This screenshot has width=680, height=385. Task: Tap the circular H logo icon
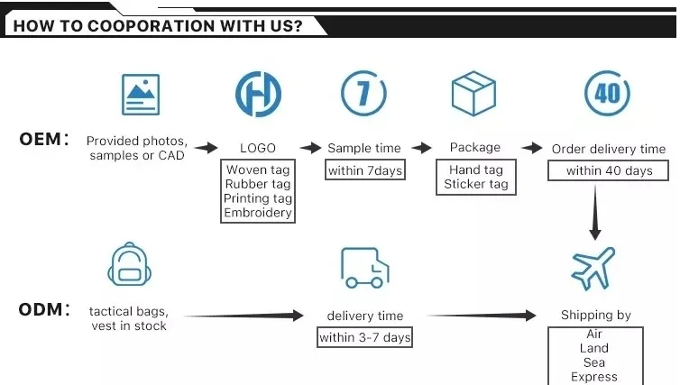coord(258,94)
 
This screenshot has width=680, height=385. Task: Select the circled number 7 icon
coord(363,94)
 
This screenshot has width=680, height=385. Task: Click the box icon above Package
coord(474,94)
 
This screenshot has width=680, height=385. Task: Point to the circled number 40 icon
coord(607,94)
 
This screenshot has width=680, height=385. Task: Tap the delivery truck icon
coord(364,268)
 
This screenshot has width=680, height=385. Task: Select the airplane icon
coord(594,268)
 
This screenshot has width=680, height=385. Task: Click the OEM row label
coord(43,140)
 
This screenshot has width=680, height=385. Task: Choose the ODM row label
coord(43,310)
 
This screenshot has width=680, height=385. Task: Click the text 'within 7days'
coord(364,170)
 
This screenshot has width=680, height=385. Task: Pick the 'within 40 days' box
coord(608,170)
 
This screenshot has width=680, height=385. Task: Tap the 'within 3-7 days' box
coord(364,338)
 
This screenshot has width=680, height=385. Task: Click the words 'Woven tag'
coord(258,170)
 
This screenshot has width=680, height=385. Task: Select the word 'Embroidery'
coord(258,213)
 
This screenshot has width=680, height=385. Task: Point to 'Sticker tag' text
coord(475,184)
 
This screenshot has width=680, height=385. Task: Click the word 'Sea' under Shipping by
coord(594,362)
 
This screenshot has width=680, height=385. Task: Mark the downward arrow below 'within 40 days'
coord(595,214)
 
